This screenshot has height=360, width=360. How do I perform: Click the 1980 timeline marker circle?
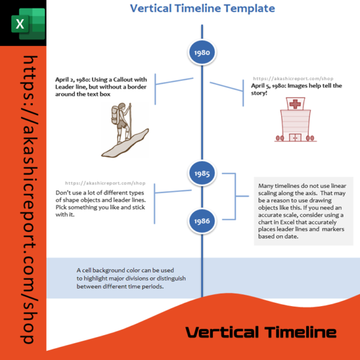pyautogui.click(x=202, y=53)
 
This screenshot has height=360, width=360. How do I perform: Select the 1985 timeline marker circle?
pyautogui.click(x=202, y=173)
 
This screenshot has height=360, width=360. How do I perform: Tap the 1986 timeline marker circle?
pyautogui.click(x=202, y=221)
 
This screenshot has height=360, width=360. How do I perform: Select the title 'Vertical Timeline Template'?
pyautogui.click(x=202, y=9)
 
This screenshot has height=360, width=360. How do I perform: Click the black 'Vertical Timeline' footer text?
pyautogui.click(x=261, y=332)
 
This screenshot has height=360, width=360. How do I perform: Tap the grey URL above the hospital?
pyautogui.click(x=293, y=79)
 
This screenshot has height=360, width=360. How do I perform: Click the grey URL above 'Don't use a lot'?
pyautogui.click(x=105, y=184)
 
